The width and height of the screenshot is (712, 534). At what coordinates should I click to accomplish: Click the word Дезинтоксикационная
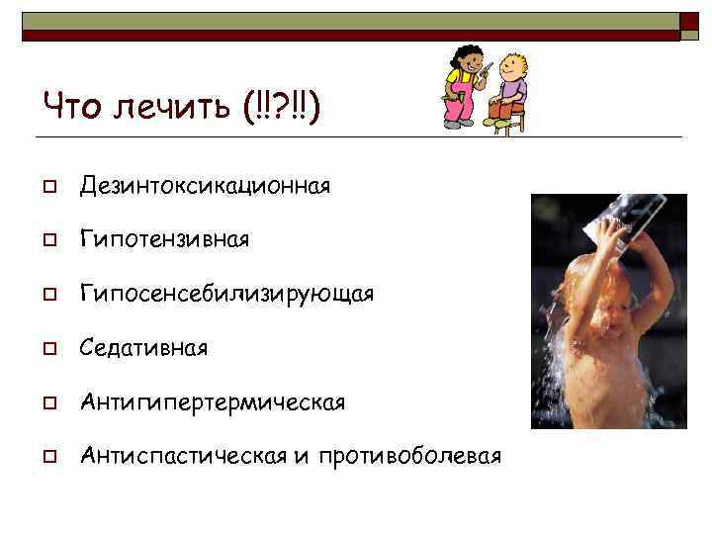pyautogui.click(x=206, y=186)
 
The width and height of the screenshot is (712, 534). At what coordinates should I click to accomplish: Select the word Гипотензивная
pyautogui.click(x=165, y=240)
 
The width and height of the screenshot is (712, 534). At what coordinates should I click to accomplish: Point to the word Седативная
pyautogui.click(x=144, y=348)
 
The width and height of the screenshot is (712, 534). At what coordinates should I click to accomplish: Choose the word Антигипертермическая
pyautogui.click(x=213, y=402)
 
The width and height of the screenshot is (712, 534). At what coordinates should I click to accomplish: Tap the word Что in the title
pyautogui.click(x=66, y=103)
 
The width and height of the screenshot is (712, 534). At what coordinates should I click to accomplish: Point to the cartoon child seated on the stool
pyautogui.click(x=511, y=84)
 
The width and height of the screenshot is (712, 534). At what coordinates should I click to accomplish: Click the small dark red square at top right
pyautogui.click(x=689, y=26)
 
